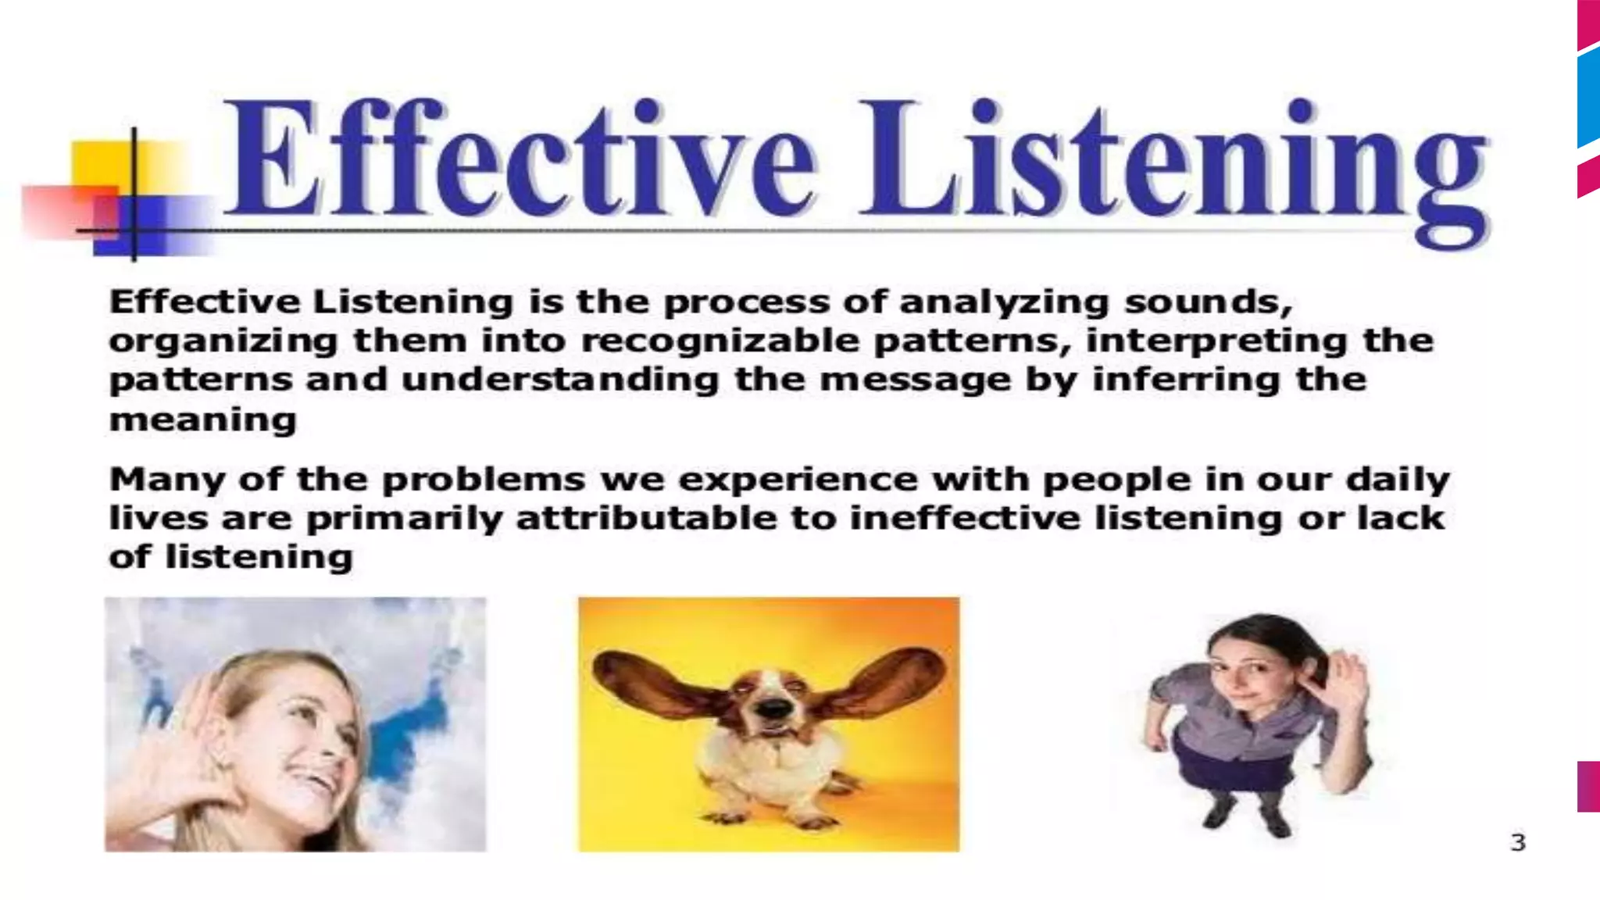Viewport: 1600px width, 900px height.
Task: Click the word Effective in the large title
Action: (520, 160)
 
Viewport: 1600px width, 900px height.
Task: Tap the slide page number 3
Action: (1517, 843)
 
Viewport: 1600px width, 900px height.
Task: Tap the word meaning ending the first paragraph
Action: (203, 420)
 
